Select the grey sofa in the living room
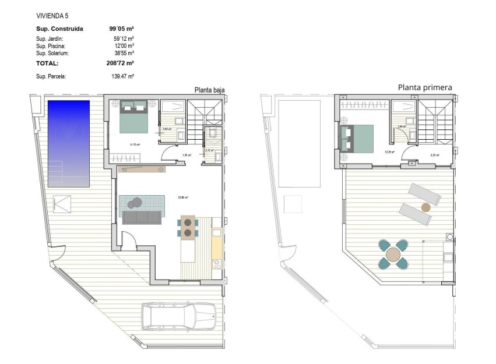point(142,217)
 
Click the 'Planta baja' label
point(209,90)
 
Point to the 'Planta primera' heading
point(425,87)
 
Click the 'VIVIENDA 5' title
point(52,16)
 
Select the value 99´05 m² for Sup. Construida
point(122,28)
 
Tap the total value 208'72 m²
point(122,63)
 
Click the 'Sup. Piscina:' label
point(51,45)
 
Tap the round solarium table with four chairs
point(393,255)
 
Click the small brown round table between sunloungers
point(425,207)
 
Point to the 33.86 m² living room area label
point(183,197)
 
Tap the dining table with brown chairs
point(188,227)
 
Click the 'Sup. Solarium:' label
point(52,52)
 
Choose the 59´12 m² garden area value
point(124,38)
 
